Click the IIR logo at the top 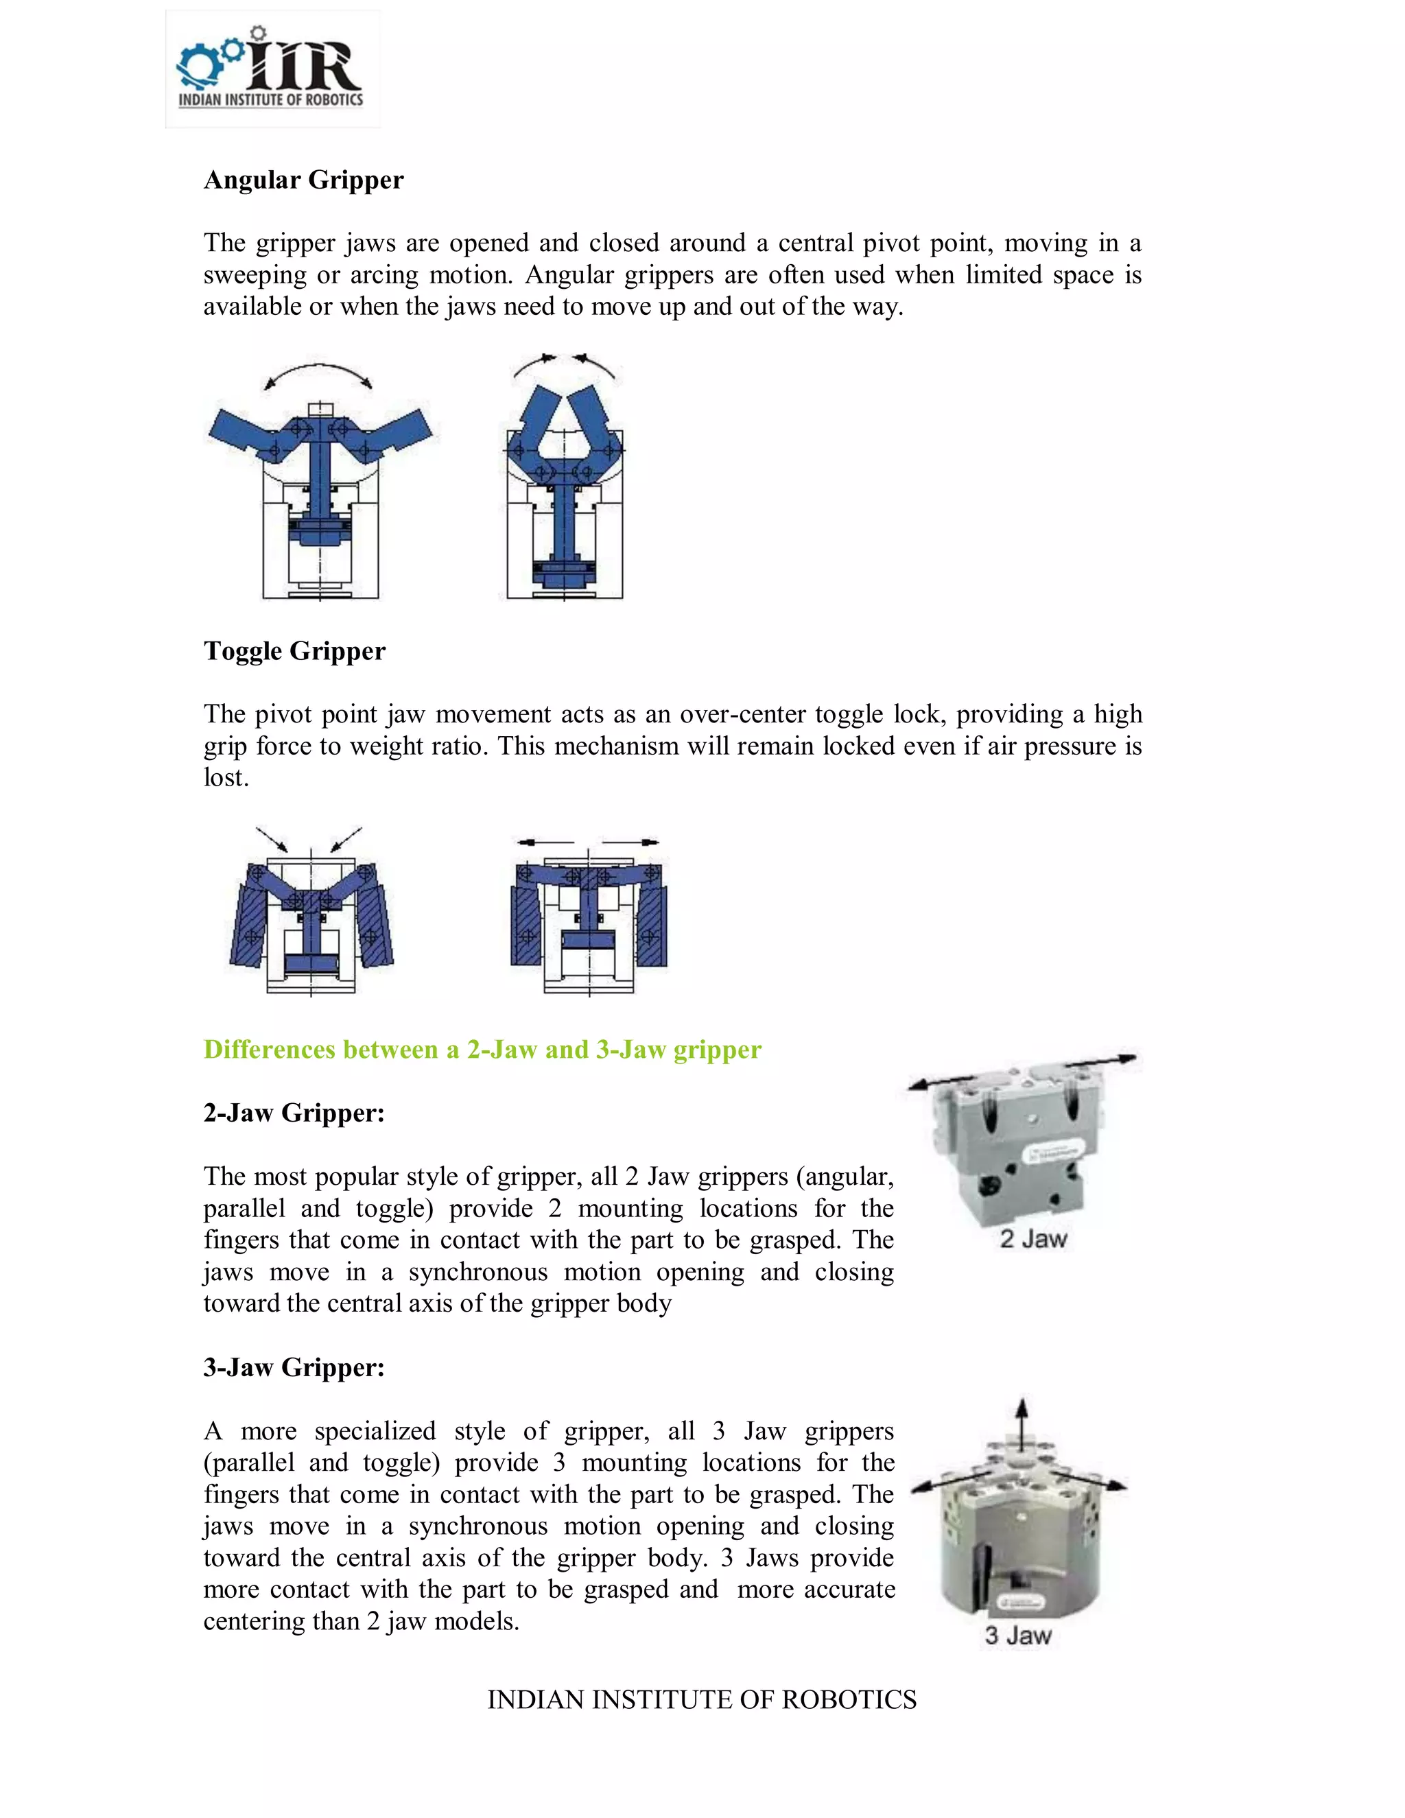tap(272, 70)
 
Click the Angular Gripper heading tap(303, 180)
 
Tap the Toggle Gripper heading tap(294, 651)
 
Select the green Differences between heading tap(482, 1050)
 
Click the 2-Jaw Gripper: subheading tap(294, 1113)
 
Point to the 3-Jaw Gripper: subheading tap(294, 1368)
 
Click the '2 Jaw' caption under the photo tap(1033, 1238)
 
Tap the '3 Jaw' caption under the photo tap(1018, 1636)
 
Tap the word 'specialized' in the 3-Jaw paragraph tap(375, 1431)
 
